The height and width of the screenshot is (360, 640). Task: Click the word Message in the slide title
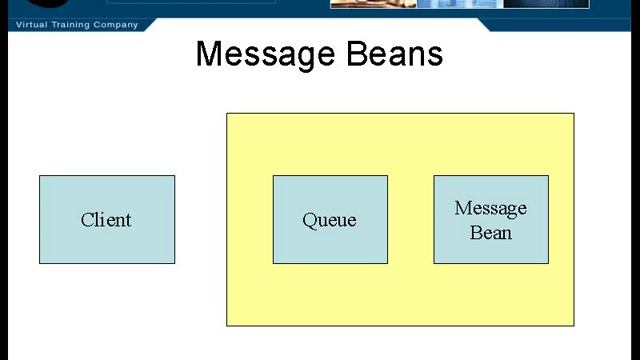point(263,53)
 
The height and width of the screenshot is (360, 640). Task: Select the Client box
point(107,219)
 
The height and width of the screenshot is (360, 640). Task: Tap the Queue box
point(330,219)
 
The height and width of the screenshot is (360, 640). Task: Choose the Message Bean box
point(490,219)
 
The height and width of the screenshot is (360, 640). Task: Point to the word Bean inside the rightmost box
point(491,232)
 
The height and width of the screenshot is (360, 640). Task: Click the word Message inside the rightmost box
point(490,208)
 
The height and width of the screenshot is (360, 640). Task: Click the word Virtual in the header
point(31,24)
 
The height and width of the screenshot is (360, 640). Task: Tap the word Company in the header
point(117,24)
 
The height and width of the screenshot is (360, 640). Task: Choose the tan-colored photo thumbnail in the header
point(372,4)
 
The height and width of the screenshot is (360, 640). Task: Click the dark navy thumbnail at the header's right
point(545,4)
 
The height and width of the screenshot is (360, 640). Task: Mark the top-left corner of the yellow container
point(227,113)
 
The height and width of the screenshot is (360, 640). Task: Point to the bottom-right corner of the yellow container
point(574,325)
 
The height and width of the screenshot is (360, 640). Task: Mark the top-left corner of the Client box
point(40,176)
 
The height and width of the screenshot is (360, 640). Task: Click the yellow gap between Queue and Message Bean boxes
point(410,219)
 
